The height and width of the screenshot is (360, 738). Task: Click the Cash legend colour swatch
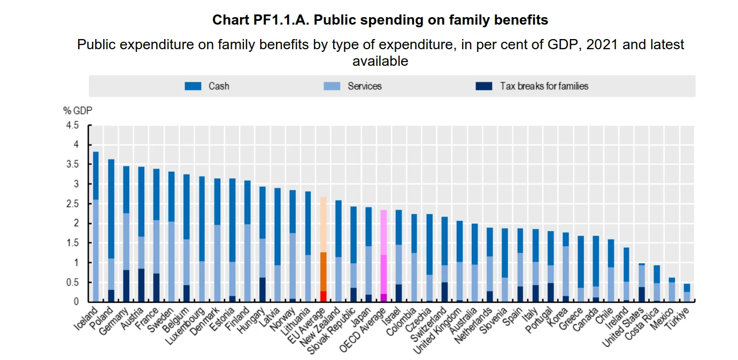click(193, 86)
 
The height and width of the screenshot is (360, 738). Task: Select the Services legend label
click(364, 86)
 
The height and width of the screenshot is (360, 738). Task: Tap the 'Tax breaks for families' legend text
click(544, 86)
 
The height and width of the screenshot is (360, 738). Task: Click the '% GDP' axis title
click(78, 111)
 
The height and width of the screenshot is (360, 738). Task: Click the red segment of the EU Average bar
click(323, 296)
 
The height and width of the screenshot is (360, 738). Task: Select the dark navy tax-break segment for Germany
click(126, 286)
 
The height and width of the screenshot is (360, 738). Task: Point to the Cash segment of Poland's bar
click(111, 209)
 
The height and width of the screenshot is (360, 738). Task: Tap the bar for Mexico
click(671, 289)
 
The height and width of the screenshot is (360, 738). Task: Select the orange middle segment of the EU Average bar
click(323, 271)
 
